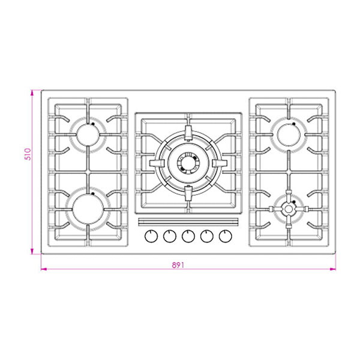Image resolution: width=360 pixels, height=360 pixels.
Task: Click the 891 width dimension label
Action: click(x=178, y=265)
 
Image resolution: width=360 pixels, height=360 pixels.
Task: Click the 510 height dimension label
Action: click(x=28, y=154)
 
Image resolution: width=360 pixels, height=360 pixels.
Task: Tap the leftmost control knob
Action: click(x=151, y=236)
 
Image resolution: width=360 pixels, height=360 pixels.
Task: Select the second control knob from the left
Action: click(x=170, y=236)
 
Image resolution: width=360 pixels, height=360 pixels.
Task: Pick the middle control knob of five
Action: click(x=188, y=236)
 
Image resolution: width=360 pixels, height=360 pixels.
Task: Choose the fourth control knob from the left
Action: click(x=207, y=236)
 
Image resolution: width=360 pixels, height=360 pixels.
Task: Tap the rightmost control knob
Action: click(x=226, y=236)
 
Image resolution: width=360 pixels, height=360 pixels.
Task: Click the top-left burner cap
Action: click(x=88, y=135)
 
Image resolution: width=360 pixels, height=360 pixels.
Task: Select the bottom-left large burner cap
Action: click(x=88, y=209)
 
